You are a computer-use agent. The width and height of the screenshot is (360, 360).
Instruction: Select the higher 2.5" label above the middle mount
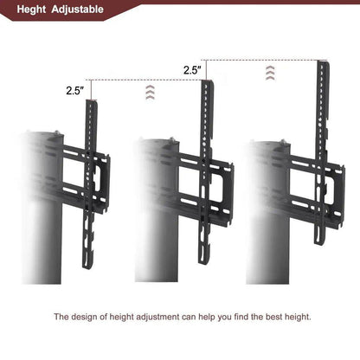192,69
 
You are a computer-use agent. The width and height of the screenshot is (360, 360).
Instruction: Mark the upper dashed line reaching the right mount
260,60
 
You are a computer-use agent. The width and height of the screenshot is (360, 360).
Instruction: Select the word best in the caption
265,317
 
